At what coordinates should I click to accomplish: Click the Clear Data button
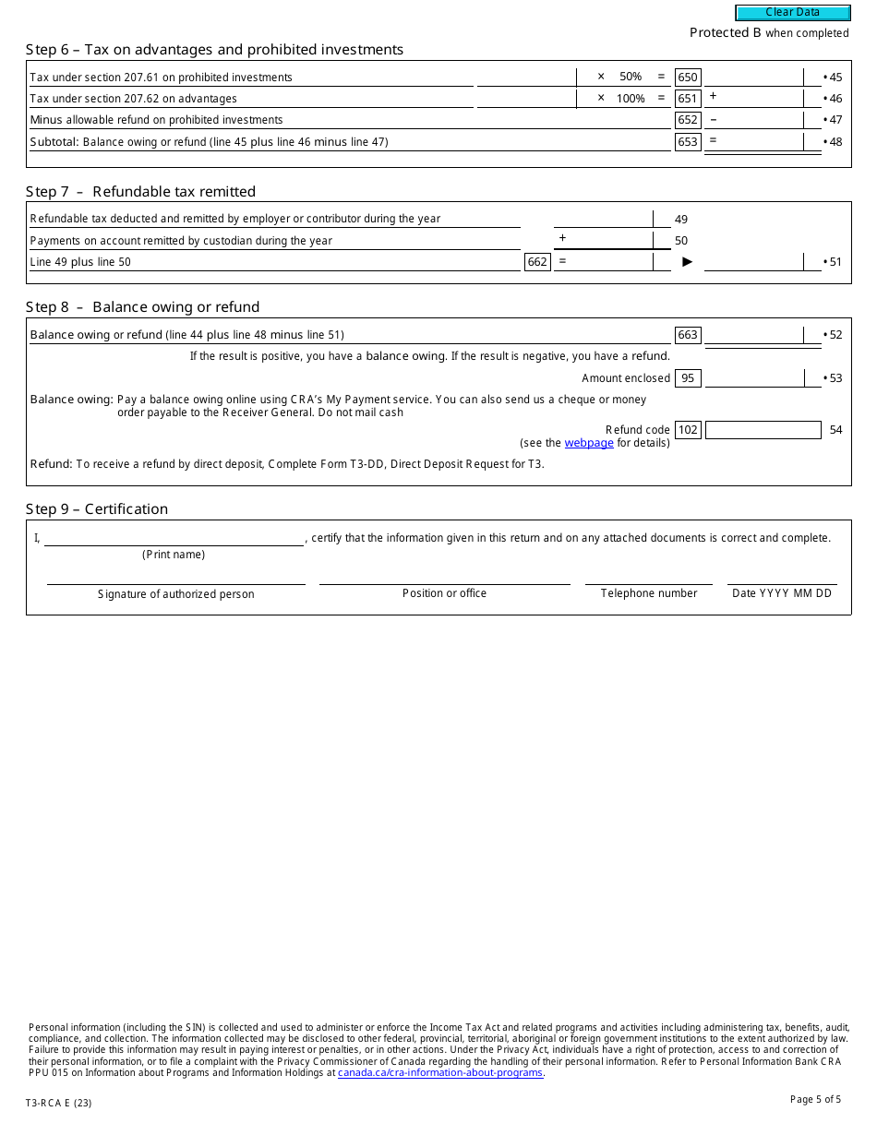(x=792, y=13)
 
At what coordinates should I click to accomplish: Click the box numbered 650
(x=688, y=78)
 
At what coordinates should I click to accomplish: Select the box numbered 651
(x=688, y=99)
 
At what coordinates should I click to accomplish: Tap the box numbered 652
(x=688, y=120)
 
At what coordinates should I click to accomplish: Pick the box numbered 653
(x=688, y=142)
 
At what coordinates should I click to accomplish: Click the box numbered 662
(x=537, y=262)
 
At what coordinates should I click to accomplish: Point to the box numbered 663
(x=688, y=335)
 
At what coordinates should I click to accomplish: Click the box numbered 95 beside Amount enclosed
(x=688, y=378)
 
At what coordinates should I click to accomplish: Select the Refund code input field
(x=763, y=430)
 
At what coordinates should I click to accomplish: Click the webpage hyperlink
(x=589, y=443)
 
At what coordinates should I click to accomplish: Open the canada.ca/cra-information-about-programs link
(x=440, y=1072)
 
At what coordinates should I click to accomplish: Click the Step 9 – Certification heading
(x=97, y=509)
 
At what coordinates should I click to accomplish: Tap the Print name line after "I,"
(x=174, y=538)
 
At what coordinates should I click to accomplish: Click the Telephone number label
(x=649, y=593)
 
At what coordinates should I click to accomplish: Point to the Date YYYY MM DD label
(x=782, y=593)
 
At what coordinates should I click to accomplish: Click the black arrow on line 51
(x=687, y=262)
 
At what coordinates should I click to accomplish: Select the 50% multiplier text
(x=631, y=78)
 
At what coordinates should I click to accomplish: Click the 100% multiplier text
(x=631, y=99)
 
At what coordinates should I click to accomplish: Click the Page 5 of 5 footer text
(x=815, y=1099)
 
